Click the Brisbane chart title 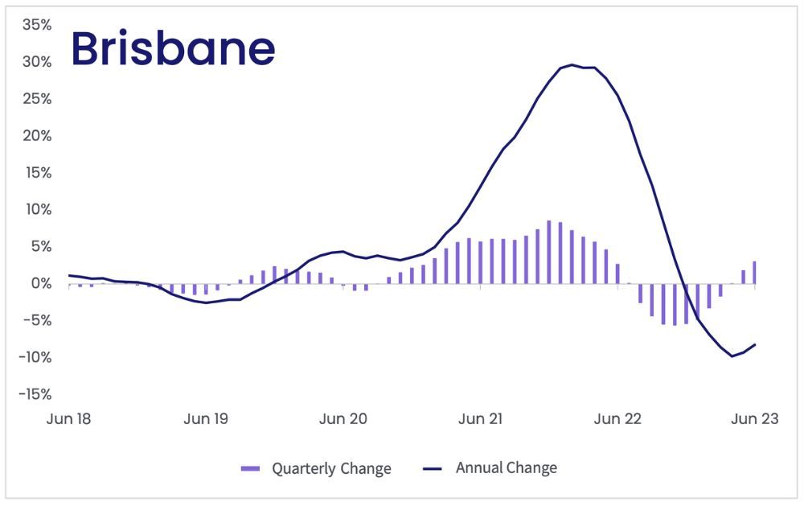coord(173,50)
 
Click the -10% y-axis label coord(35,357)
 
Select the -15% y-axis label coord(35,394)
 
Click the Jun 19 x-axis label coord(207,419)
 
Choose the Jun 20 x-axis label coord(343,419)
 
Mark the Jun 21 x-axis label coord(481,419)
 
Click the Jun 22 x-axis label coord(617,419)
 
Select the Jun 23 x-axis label coord(754,419)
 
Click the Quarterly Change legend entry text coord(331,468)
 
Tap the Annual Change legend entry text coord(506,467)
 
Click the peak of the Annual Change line coord(572,65)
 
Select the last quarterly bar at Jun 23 coord(754,273)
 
